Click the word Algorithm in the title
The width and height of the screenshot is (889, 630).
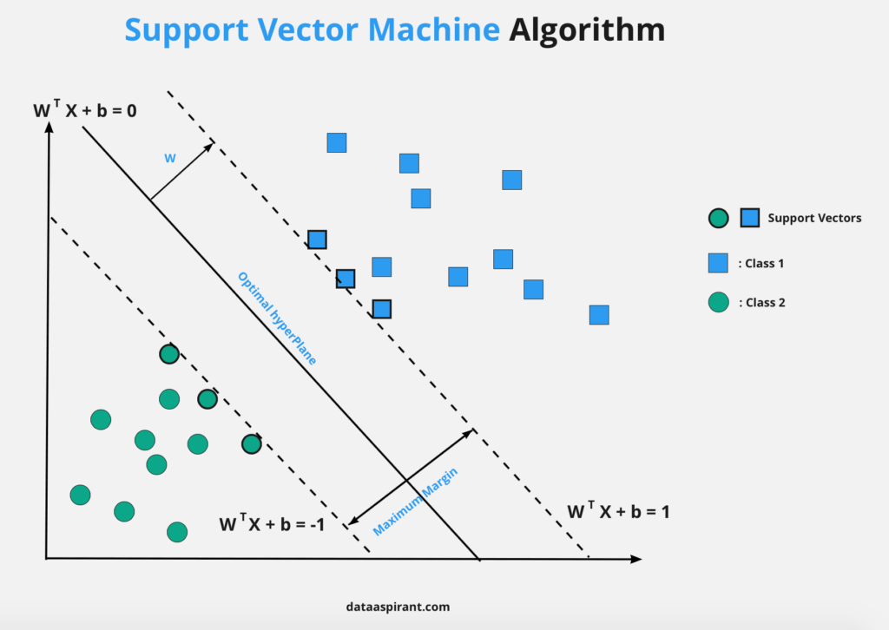587,31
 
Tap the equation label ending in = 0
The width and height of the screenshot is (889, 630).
85,111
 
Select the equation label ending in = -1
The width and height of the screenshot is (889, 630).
271,523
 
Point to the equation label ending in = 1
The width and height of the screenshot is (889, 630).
618,511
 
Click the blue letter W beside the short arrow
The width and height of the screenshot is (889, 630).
170,159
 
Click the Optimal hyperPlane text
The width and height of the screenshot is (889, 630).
277,318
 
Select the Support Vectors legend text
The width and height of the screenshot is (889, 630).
814,218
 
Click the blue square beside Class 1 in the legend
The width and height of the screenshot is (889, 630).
718,263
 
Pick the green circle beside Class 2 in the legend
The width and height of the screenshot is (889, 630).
718,303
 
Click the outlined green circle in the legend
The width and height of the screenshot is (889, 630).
718,219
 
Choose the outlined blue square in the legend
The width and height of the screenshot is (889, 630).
750,219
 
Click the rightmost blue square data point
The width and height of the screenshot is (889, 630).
599,315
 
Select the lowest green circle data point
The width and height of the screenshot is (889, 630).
177,532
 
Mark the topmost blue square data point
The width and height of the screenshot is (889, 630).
337,142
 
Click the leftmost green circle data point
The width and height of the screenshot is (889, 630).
80,495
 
